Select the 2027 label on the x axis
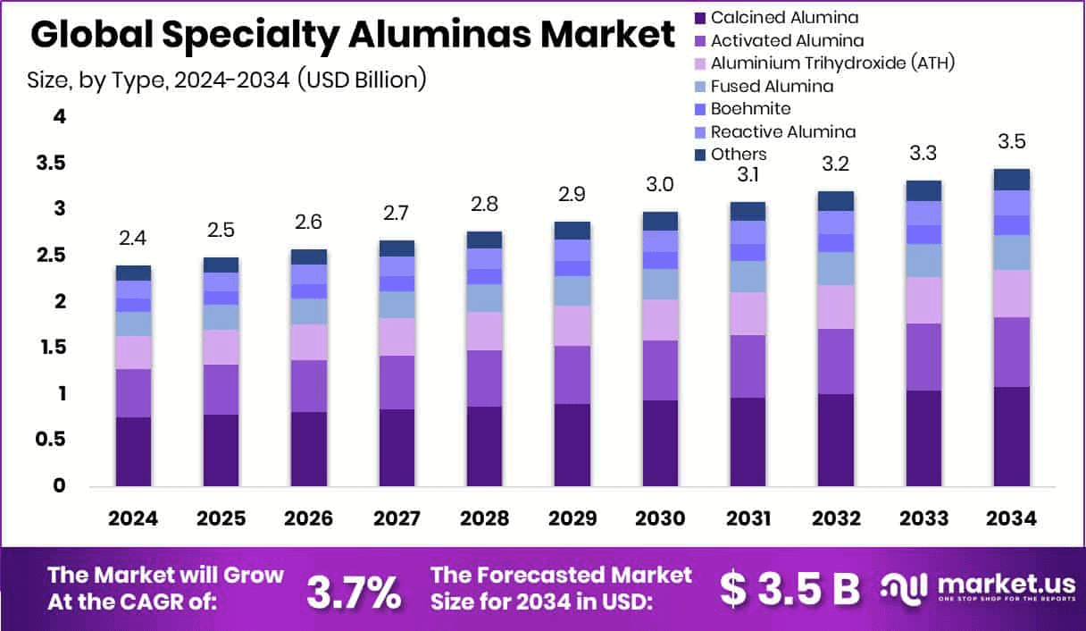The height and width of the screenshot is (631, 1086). (396, 519)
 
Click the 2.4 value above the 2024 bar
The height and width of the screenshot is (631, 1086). (133, 239)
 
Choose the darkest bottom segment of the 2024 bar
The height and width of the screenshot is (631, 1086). (133, 451)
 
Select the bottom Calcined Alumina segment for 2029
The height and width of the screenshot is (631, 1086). (572, 445)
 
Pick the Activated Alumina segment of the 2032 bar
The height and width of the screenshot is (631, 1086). (835, 361)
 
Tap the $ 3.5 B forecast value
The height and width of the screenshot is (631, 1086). (789, 589)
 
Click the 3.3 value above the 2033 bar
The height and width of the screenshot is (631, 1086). (923, 153)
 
